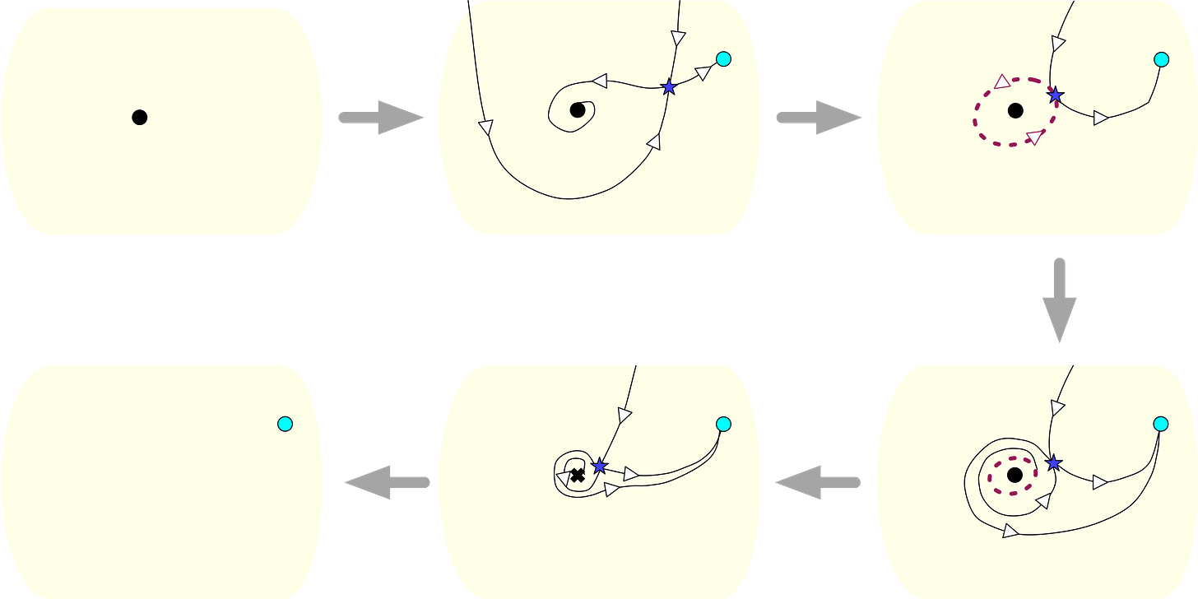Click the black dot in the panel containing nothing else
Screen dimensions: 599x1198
pos(139,118)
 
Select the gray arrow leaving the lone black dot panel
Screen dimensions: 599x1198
pos(380,118)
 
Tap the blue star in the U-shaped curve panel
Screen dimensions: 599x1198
pos(669,86)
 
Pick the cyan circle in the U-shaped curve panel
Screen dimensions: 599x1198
pos(723,58)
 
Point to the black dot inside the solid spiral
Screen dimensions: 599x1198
pos(578,110)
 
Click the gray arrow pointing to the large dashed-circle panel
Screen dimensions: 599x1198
pos(818,118)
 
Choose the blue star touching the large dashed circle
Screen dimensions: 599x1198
pos(1055,95)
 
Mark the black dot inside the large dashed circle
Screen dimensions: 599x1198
pos(1015,110)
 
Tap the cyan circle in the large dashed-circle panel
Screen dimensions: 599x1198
pos(1161,59)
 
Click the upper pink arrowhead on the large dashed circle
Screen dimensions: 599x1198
pos(1002,81)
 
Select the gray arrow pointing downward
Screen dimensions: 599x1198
pos(1060,300)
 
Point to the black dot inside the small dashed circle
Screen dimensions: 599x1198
pos(1015,475)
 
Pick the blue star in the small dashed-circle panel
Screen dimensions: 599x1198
pos(1052,464)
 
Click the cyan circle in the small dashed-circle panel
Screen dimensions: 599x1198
pos(1161,424)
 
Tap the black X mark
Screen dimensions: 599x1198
pos(578,475)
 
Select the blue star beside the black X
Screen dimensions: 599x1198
pos(599,466)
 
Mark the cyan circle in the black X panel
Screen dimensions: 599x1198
pos(723,424)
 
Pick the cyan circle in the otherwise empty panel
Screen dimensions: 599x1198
pos(285,424)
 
